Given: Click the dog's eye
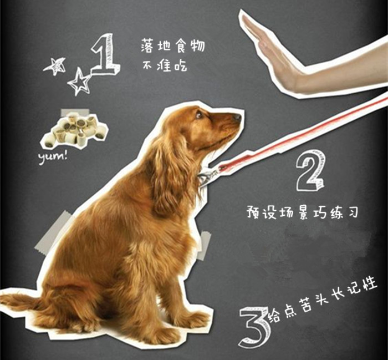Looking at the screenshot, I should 198,114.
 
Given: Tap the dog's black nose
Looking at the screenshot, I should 237,117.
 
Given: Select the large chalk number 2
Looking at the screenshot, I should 309,170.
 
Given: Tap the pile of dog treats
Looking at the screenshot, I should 75,130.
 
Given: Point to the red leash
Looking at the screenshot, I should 299,136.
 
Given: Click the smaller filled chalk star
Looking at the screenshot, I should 55,65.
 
